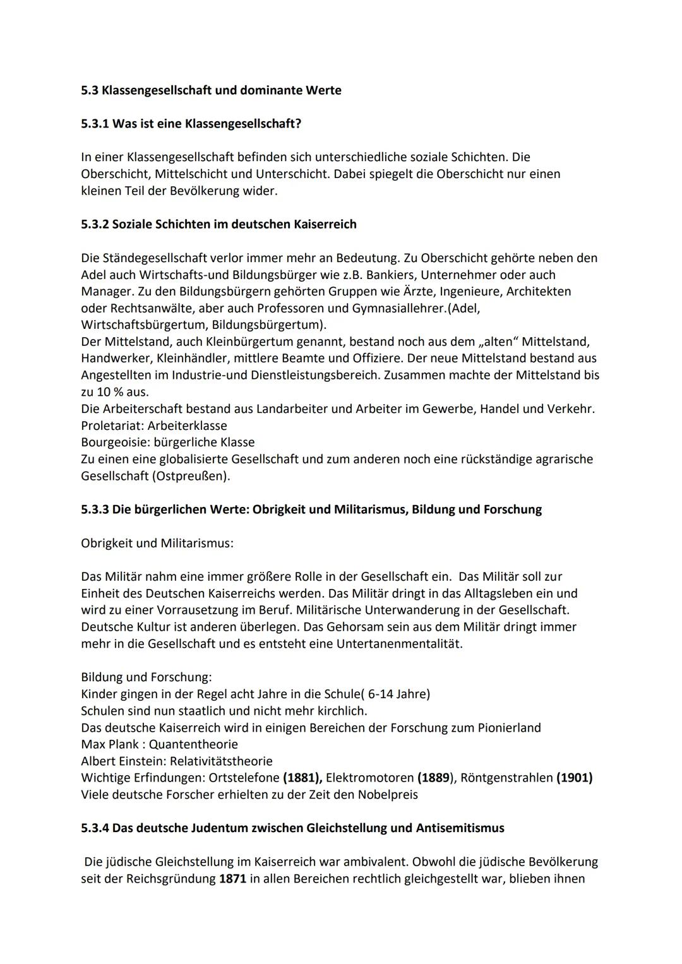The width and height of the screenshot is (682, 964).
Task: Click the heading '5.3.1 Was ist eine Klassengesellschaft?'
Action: pyautogui.click(x=191, y=124)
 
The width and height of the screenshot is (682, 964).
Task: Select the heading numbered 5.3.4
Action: pyautogui.click(x=292, y=828)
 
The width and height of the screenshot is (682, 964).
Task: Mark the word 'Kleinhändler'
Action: pyautogui.click(x=193, y=359)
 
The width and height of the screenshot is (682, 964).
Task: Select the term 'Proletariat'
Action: pyautogui.click(x=112, y=425)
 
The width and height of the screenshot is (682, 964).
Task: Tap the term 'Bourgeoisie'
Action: pyautogui.click(x=115, y=443)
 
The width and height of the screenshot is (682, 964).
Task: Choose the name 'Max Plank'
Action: pyautogui.click(x=110, y=744)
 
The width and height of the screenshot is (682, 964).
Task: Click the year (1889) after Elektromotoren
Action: pyautogui.click(x=436, y=778)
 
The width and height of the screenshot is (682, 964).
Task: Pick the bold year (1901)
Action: pyautogui.click(x=574, y=778)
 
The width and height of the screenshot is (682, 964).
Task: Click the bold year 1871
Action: pyautogui.click(x=233, y=879)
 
